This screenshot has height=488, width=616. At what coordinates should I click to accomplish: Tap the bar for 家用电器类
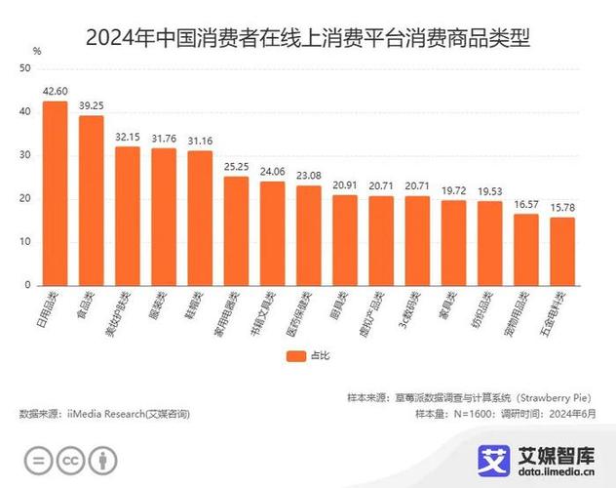tap(237, 230)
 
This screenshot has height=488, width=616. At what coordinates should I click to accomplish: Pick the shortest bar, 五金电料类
tap(562, 251)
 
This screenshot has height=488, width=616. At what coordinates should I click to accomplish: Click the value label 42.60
tap(55, 90)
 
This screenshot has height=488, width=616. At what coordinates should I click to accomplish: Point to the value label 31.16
tap(200, 140)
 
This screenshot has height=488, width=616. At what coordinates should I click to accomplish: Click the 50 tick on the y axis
tap(25, 68)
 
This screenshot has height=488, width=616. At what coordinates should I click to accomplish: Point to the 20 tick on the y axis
tap(25, 199)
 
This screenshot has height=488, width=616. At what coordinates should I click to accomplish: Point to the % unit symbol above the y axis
tap(36, 49)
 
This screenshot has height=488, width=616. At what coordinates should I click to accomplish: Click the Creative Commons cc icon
tap(70, 460)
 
